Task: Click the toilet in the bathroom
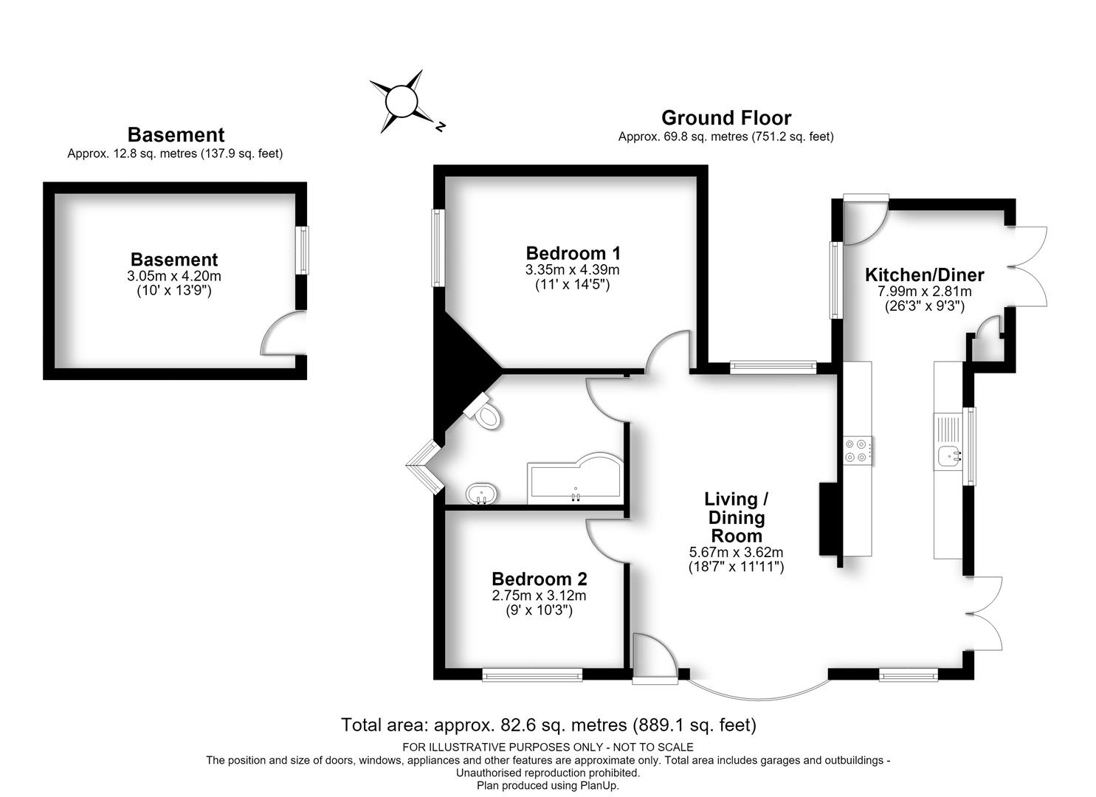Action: pos(483,412)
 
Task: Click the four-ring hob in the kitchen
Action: pos(858,450)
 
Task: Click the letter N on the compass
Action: pos(441,127)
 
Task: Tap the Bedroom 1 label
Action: pos(573,253)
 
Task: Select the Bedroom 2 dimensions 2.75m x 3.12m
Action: pos(540,596)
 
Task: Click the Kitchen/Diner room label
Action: pos(924,275)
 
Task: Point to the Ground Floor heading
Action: pos(726,118)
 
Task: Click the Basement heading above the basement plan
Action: pos(176,134)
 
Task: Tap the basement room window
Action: pos(304,250)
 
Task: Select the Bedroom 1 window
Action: pos(438,247)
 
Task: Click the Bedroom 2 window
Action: pos(532,675)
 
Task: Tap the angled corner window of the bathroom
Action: pos(424,466)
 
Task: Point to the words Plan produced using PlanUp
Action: pos(548,786)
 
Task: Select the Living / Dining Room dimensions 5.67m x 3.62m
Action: pos(737,553)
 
